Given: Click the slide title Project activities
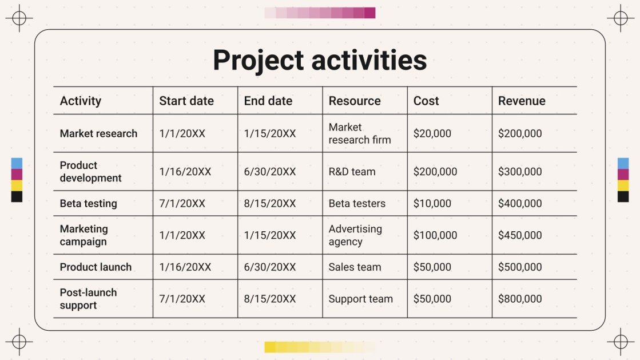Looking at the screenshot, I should (320, 60).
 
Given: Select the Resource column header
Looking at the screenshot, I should (355, 101).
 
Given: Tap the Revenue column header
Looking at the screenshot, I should (522, 101).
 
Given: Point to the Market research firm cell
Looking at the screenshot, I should (360, 133).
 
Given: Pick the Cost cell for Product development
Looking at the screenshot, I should (435, 172).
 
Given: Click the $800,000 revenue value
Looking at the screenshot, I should (520, 299).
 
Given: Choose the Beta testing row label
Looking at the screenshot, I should (88, 203).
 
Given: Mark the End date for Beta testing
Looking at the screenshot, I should (270, 203).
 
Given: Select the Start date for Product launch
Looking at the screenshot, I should (185, 267).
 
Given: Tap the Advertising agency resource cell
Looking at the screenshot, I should (355, 235).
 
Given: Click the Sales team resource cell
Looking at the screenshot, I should (355, 267).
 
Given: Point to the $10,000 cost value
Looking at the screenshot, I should (432, 203).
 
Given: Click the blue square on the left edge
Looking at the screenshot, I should (17, 163).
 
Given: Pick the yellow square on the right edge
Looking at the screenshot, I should (623, 185).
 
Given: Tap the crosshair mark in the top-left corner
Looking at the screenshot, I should (19, 18).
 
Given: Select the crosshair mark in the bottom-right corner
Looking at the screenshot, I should (621, 342).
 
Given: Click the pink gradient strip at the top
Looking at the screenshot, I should (320, 13).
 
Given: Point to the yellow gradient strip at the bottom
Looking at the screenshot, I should (320, 347).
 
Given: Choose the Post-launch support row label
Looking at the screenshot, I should (88, 299).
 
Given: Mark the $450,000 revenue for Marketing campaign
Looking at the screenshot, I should (520, 235).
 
